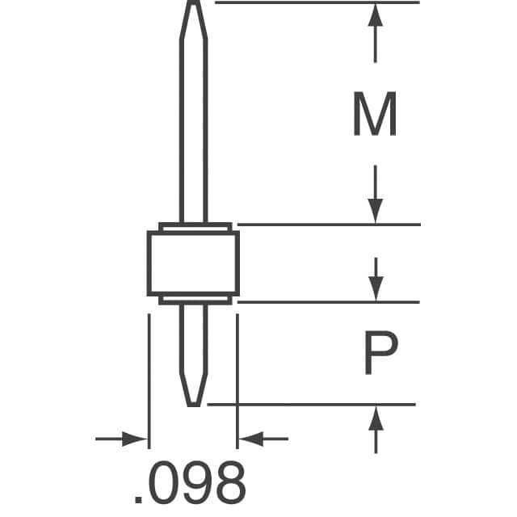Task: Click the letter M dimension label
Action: point(374,115)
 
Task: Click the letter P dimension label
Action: point(378,355)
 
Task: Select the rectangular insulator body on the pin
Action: point(193,263)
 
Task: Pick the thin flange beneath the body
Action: point(194,300)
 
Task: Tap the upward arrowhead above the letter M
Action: point(375,15)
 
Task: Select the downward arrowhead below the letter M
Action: point(375,212)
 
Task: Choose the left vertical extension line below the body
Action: point(149,380)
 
